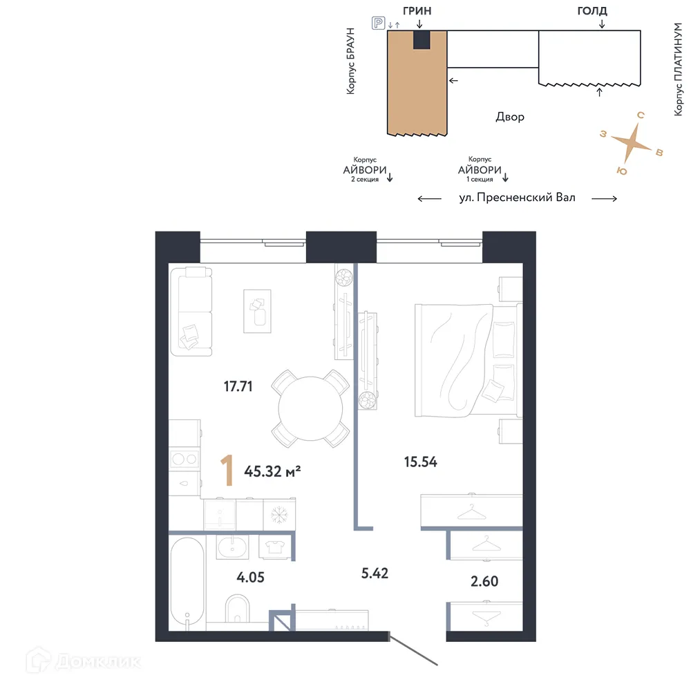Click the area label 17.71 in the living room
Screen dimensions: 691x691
pos(238,386)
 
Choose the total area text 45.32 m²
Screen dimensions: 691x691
pos(272,472)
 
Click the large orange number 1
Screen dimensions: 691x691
pos(225,471)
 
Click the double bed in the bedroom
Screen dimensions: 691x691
pos(466,360)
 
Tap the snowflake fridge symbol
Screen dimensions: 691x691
pos(278,515)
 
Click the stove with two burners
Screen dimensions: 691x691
pos(184,457)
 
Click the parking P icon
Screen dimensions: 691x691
pos(378,23)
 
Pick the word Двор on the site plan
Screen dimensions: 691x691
pos(509,117)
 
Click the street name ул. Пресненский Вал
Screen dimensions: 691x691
pos(517,198)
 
